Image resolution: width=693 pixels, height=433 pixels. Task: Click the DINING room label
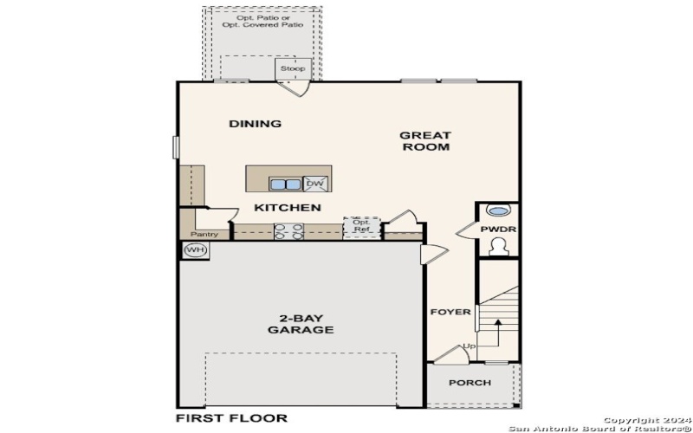[x=255, y=124]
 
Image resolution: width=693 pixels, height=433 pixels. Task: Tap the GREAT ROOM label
[x=424, y=141]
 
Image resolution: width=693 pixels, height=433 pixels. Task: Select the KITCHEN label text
[x=287, y=208]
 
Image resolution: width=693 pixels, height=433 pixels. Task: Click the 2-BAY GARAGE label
[x=301, y=323]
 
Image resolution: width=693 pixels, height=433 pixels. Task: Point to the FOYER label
[x=450, y=312]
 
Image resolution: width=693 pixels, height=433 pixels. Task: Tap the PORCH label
[x=470, y=383]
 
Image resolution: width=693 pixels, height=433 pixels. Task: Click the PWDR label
[x=497, y=229]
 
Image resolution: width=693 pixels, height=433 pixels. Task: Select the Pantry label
[x=204, y=234]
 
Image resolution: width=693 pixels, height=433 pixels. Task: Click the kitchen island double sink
[x=284, y=184]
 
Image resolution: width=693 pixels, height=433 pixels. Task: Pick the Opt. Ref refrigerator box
[x=360, y=226]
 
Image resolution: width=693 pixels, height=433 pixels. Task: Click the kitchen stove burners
[x=288, y=231]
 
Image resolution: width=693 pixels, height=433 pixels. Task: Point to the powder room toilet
[x=497, y=247]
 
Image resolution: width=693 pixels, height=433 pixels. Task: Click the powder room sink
[x=497, y=210]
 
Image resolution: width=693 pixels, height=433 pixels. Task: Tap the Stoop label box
[x=291, y=68]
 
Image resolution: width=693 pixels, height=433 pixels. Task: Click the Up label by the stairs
[x=470, y=346]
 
